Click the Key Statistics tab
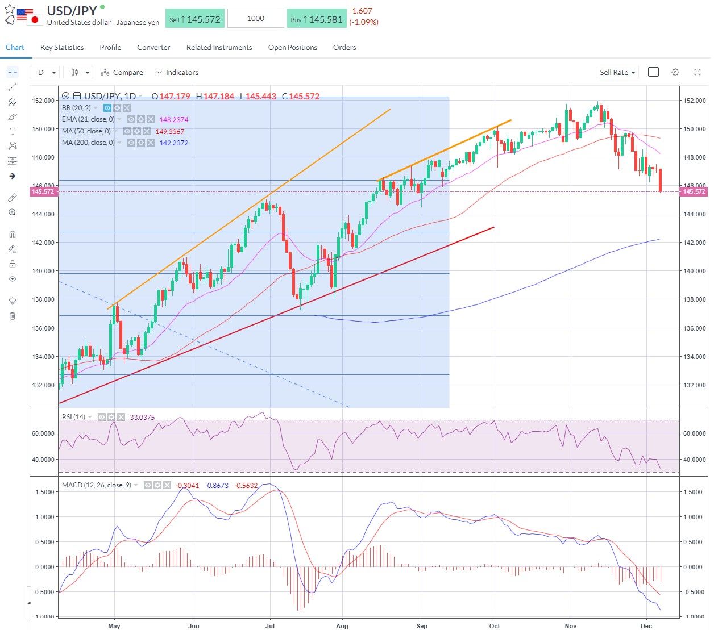pos(62,48)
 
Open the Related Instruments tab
pos(219,48)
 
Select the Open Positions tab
pos(292,48)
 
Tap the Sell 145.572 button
pos(195,19)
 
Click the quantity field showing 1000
pos(255,19)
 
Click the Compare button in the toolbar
pos(122,73)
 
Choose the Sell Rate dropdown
pos(617,73)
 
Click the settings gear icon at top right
pos(675,73)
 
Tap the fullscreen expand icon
pos(698,73)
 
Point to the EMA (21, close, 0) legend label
pos(88,119)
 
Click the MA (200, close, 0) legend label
pos(88,143)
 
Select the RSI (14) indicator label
pos(73,417)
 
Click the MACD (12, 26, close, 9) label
pos(97,485)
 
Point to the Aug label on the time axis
pos(342,626)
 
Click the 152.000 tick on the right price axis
pos(694,101)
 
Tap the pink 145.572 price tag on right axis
pos(694,192)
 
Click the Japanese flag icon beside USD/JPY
pos(35,20)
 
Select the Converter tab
pos(153,48)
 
